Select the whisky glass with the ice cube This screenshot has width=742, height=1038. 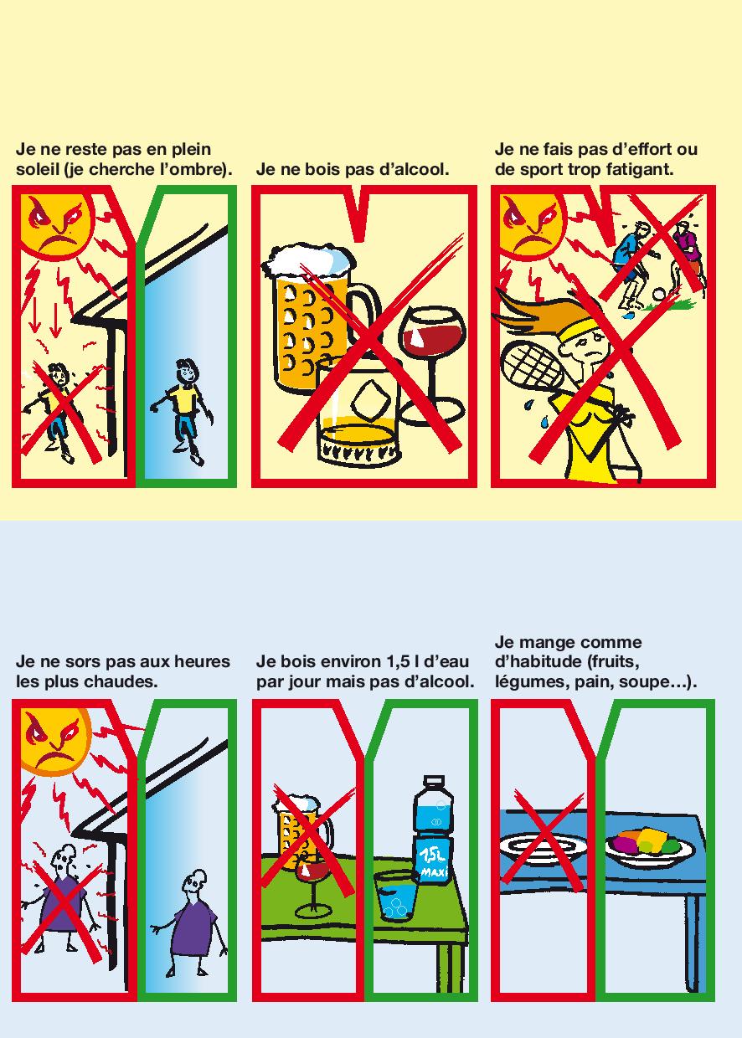[x=357, y=413]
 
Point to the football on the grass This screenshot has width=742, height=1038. [x=659, y=295]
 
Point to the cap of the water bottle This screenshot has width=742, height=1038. [x=433, y=782]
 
